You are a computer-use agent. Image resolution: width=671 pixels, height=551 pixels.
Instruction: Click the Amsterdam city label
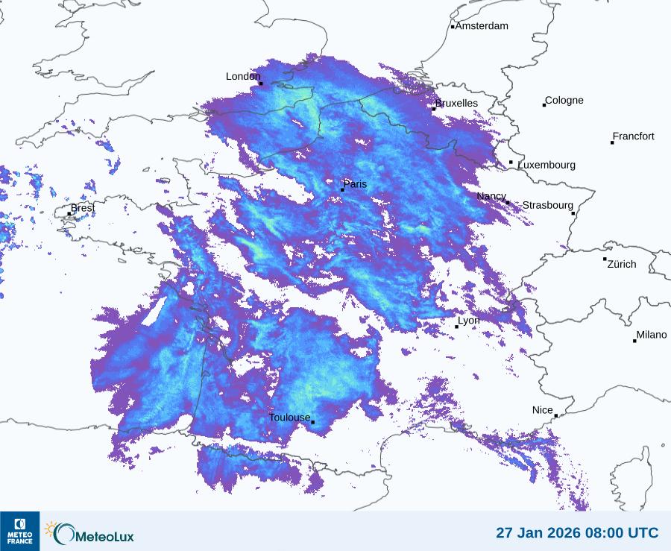point(482,26)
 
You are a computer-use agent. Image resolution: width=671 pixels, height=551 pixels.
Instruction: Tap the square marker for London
point(261,84)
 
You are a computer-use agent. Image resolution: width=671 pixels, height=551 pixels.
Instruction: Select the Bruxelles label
point(457,104)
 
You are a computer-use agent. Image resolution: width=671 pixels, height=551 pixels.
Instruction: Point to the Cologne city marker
point(544,105)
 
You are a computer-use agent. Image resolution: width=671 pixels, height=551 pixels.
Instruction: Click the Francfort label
point(633,136)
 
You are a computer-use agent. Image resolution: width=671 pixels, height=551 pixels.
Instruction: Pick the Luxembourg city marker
point(511,163)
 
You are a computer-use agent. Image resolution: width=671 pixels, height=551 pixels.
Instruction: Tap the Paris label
point(355,184)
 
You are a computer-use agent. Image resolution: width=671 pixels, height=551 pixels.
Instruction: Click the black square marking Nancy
point(508,203)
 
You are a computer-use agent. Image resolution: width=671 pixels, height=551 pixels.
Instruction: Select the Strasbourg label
point(547,205)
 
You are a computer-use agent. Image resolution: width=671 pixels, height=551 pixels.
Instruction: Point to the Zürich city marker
point(605,259)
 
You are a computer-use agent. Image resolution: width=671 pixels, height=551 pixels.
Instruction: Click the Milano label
point(651,335)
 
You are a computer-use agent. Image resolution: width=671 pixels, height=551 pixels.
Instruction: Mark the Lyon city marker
point(457,327)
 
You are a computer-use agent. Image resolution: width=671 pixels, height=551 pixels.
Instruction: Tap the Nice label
point(542,410)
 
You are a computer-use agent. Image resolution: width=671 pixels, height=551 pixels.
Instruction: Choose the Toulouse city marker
point(312,423)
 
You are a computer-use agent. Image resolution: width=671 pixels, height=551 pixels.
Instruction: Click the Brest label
point(83,208)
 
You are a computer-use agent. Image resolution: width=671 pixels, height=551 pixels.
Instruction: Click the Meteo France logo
point(19,531)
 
